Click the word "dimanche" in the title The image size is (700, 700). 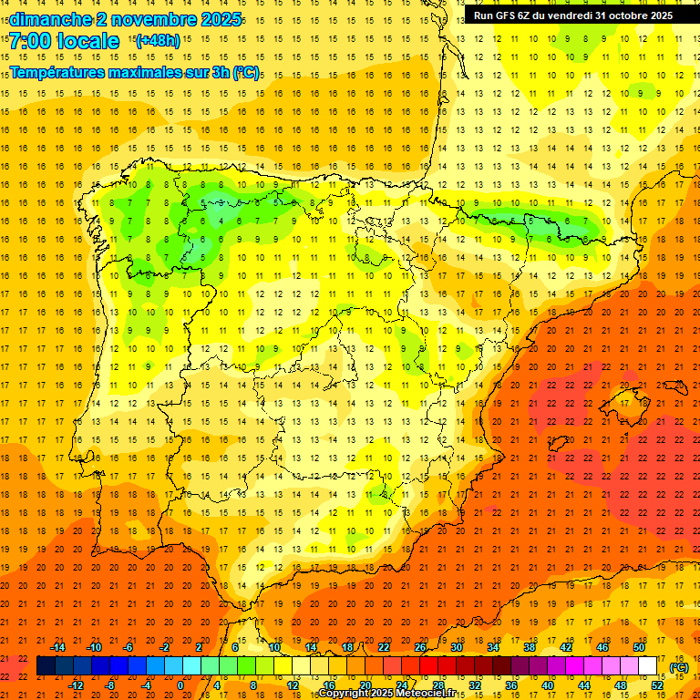[49, 19]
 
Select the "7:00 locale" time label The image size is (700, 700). [65, 41]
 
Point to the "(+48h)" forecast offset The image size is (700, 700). [158, 41]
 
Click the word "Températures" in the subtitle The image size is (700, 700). [57, 72]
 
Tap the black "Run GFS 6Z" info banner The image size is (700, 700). [572, 15]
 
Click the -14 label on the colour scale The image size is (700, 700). [57, 646]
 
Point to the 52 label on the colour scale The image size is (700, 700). [657, 685]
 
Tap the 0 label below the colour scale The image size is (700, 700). [180, 685]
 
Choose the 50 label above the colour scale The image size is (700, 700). [638, 646]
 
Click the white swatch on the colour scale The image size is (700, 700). [647, 666]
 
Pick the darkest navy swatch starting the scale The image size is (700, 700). [46, 666]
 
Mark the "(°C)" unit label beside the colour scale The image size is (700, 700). [677, 666]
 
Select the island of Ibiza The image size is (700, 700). [558, 444]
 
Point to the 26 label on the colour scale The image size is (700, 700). [420, 646]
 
